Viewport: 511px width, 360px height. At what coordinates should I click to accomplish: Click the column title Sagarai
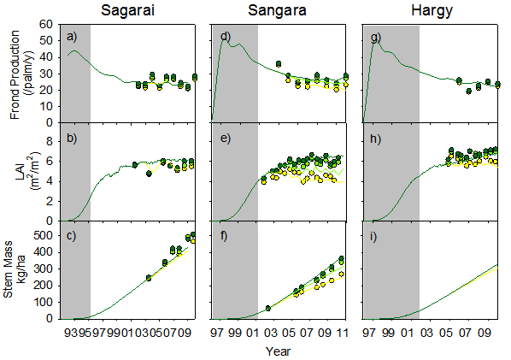[x=127, y=11]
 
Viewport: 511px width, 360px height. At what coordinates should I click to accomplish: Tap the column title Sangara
[x=277, y=11]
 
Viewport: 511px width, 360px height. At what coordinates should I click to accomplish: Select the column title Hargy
[x=432, y=11]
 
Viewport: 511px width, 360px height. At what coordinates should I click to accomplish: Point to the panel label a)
[x=72, y=37]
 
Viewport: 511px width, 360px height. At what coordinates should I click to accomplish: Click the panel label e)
[x=226, y=139]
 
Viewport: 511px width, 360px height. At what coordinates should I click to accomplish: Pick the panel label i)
[x=373, y=236]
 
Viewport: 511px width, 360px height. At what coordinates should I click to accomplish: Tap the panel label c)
[x=72, y=235]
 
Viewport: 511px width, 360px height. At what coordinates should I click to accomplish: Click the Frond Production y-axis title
[x=20, y=74]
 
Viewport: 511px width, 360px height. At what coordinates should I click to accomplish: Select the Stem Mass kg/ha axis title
[x=14, y=269]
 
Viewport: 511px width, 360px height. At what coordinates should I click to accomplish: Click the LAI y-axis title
[x=25, y=172]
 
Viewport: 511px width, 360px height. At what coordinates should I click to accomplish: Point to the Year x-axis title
[x=278, y=351]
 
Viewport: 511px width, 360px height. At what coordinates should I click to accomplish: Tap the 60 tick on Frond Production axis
[x=46, y=24]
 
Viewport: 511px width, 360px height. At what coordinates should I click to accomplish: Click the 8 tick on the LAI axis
[x=50, y=142]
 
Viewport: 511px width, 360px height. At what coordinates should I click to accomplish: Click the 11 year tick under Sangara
[x=342, y=333]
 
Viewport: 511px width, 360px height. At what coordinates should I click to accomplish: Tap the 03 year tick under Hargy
[x=427, y=333]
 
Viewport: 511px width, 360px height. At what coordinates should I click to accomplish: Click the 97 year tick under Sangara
[x=217, y=333]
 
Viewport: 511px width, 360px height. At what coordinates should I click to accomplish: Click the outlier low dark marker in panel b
[x=149, y=174]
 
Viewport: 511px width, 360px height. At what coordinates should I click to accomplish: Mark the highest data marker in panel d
[x=279, y=63]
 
